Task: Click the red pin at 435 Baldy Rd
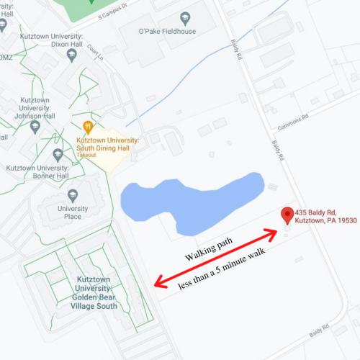(287, 215)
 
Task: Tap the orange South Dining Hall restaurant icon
(88, 127)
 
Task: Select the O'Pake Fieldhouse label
(167, 30)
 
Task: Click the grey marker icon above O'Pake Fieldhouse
(185, 16)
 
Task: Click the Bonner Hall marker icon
(58, 154)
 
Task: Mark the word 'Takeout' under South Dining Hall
(86, 156)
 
